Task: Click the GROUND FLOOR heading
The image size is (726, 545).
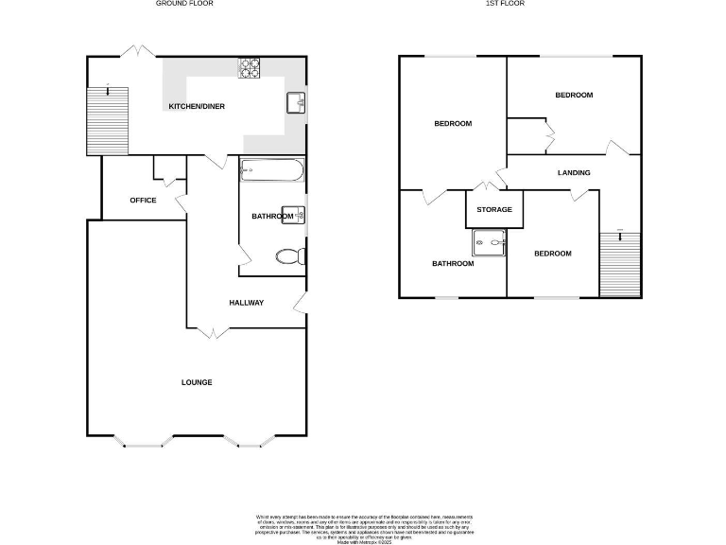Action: pyautogui.click(x=184, y=4)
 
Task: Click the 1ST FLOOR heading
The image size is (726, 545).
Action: pyautogui.click(x=505, y=4)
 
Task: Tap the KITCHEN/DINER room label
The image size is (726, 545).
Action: pyautogui.click(x=197, y=107)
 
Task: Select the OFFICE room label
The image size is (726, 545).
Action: pyautogui.click(x=143, y=200)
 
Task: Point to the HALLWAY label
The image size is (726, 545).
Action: pyautogui.click(x=246, y=303)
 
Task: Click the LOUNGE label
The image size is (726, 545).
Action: pyautogui.click(x=197, y=382)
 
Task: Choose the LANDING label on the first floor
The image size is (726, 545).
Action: pyautogui.click(x=574, y=173)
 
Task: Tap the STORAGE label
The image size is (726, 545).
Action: pyautogui.click(x=494, y=209)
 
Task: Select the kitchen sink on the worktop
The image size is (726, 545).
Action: pyautogui.click(x=296, y=100)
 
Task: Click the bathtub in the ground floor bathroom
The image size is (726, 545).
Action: pyautogui.click(x=271, y=171)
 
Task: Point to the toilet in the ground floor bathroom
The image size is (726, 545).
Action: pyautogui.click(x=288, y=255)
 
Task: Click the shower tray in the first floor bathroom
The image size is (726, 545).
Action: pyautogui.click(x=489, y=242)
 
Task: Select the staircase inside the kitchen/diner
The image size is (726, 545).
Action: pyautogui.click(x=107, y=119)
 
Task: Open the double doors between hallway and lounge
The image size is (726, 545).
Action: pyautogui.click(x=214, y=331)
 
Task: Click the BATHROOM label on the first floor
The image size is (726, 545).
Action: pyautogui.click(x=453, y=264)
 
